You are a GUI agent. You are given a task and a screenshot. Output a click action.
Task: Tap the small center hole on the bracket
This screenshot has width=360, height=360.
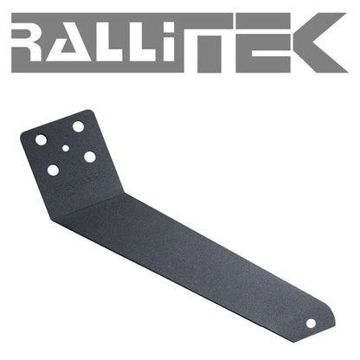[67, 148]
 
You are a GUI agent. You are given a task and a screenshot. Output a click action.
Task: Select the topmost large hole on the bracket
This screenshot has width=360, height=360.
[78, 126]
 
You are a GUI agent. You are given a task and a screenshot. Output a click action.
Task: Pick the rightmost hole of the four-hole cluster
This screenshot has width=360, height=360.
[89, 157]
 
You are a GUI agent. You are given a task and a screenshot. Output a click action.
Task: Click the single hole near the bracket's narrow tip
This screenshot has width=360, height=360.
[311, 322]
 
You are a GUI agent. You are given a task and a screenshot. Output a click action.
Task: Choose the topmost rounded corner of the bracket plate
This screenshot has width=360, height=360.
[90, 112]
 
